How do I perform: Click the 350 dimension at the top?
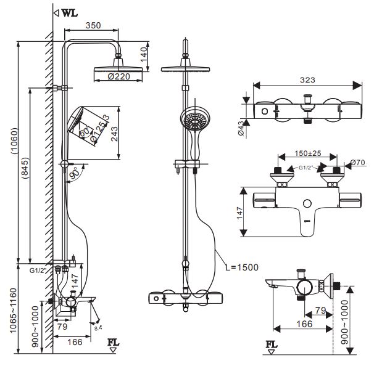point(93,26)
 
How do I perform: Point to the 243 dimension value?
point(114,134)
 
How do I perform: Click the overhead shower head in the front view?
point(185,68)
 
